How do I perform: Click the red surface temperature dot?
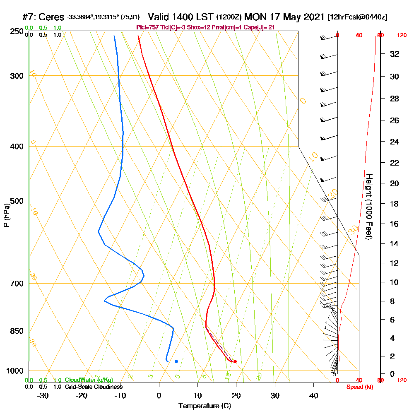235,361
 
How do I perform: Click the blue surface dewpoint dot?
176,361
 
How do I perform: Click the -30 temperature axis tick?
43,396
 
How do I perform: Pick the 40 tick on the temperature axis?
313,396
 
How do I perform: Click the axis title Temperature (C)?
205,406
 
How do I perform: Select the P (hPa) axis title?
6,215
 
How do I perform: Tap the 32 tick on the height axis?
395,54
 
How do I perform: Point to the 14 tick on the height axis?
395,244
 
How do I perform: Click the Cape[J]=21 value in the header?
259,27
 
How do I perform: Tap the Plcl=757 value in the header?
147,27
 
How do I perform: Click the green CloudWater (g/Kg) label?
89,380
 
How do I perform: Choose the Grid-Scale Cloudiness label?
93,386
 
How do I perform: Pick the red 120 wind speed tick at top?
402,36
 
